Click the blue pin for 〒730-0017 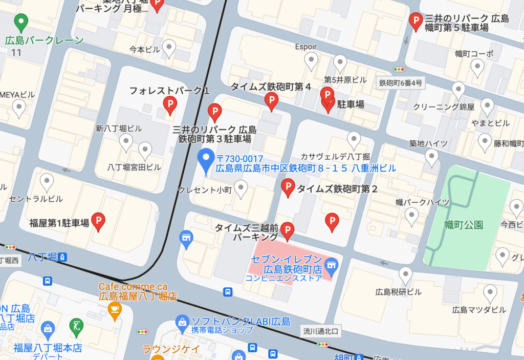click(206, 160)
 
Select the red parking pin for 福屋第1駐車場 click(98, 220)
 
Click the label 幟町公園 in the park click(464, 225)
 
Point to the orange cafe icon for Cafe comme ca click(114, 309)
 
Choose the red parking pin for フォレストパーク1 click(169, 104)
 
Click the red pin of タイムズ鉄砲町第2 click(288, 187)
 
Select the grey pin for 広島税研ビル click(406, 274)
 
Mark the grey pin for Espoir click(311, 60)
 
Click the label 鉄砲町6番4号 click(401, 83)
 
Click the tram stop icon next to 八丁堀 click(62, 257)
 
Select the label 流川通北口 click(321, 331)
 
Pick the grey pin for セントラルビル click(47, 181)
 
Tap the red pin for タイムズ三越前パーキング click(288, 230)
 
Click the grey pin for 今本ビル click(169, 48)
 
